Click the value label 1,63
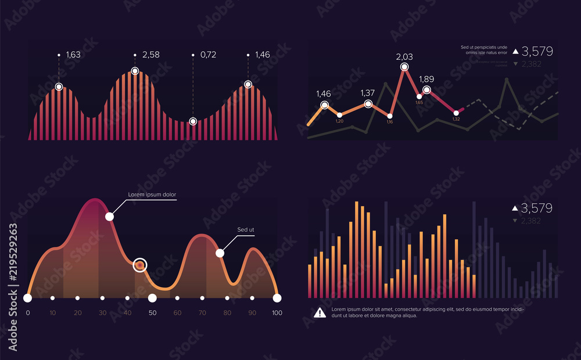tap(73, 55)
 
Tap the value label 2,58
tap(150, 55)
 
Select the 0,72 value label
tap(208, 55)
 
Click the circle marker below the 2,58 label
tap(135, 71)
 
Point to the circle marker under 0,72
tap(193, 121)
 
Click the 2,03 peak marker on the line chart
tap(404, 67)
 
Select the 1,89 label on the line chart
tap(426, 80)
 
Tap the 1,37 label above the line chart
tap(368, 93)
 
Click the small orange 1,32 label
tap(456, 119)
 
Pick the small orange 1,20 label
tap(340, 121)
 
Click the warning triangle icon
tap(320, 313)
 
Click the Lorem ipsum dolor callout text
tap(152, 195)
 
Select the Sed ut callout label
tap(246, 230)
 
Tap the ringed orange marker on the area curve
tap(139, 265)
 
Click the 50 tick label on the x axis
tap(152, 313)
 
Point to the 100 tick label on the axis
tap(277, 313)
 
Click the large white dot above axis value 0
tap(27, 298)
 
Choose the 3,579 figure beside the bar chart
tap(536, 208)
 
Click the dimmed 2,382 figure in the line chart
tap(531, 64)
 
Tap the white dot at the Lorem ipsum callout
tap(109, 217)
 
